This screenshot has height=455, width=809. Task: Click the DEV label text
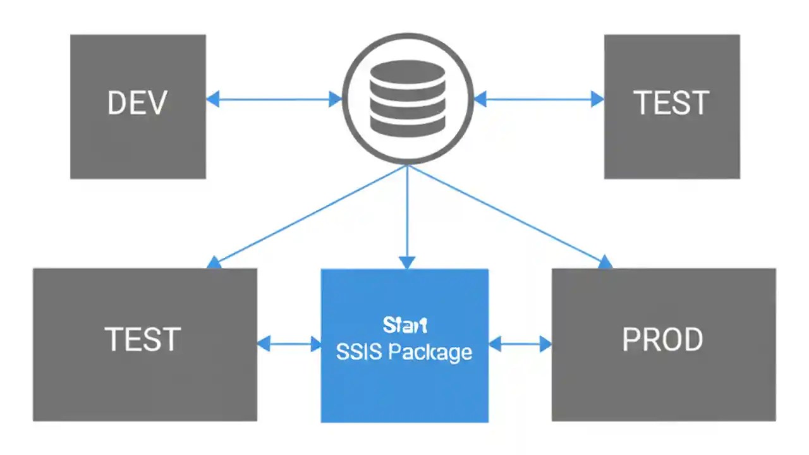click(x=137, y=103)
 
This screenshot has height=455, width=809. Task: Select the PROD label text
click(x=662, y=341)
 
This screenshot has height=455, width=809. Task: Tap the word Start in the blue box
click(x=405, y=325)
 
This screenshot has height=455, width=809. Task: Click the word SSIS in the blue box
click(x=358, y=352)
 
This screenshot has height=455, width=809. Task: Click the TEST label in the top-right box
click(x=671, y=103)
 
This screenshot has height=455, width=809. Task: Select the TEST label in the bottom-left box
click(x=143, y=340)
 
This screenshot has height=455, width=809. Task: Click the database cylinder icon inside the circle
click(x=408, y=99)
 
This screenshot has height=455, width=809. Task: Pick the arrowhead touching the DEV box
click(x=213, y=99)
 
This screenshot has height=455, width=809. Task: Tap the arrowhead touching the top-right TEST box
click(x=597, y=99)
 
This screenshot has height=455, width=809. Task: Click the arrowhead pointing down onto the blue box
click(x=408, y=262)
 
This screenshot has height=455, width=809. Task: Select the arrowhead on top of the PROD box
click(x=605, y=262)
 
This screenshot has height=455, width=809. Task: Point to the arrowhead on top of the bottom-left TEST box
click(x=214, y=262)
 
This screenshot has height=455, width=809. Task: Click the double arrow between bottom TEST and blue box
click(x=289, y=344)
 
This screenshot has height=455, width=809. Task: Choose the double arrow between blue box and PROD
click(x=520, y=344)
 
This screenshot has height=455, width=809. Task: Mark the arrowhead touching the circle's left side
click(x=335, y=99)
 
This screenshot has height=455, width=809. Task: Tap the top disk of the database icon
click(x=408, y=71)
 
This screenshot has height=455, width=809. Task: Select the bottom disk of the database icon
click(x=408, y=126)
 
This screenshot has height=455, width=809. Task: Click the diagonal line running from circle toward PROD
click(x=506, y=214)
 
